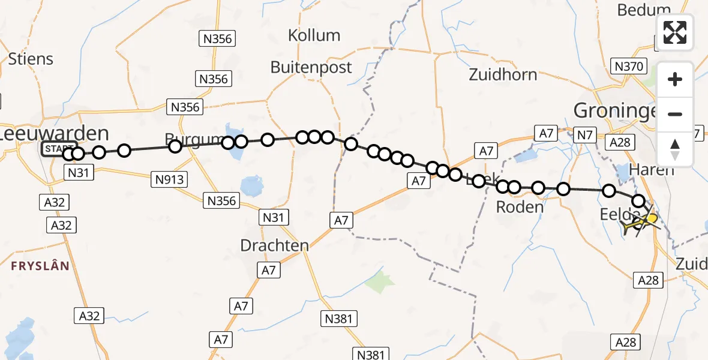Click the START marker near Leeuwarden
point(59,148)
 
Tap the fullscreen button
point(675,32)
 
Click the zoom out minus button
point(675,114)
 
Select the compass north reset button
point(675,149)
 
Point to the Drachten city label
point(274,245)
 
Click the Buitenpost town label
point(311,67)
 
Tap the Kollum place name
point(314,35)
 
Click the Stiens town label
point(31,59)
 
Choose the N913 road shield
point(170,179)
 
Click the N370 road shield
point(628,66)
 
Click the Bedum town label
point(643,10)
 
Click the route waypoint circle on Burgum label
point(175,146)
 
